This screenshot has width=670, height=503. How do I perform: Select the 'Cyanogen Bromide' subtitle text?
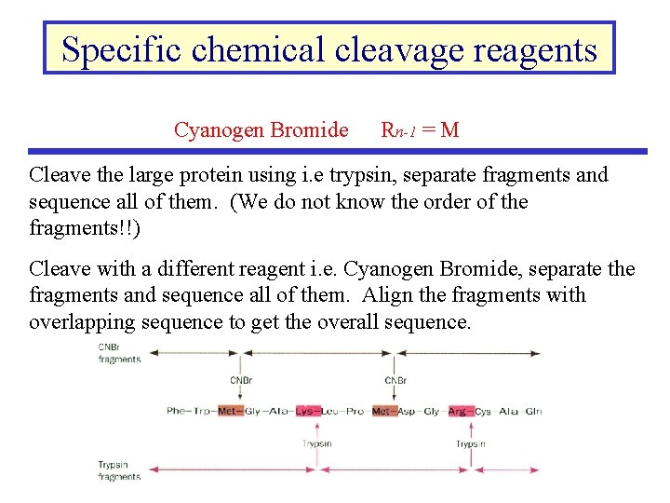(x=261, y=129)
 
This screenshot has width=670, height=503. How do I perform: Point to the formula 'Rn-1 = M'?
(x=420, y=129)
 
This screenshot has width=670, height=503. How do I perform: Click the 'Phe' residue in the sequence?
(x=177, y=411)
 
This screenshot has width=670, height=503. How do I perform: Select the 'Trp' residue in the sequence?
(x=203, y=411)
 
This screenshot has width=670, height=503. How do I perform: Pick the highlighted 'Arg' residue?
(x=458, y=411)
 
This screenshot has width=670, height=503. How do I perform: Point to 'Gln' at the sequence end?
(x=533, y=411)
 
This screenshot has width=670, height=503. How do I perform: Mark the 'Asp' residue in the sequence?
(x=407, y=411)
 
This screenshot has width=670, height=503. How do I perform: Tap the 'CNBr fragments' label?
(x=119, y=354)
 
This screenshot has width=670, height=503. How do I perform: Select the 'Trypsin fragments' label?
(x=119, y=470)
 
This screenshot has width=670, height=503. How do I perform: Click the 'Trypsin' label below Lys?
(x=317, y=444)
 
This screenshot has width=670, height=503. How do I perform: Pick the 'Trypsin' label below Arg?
(x=471, y=444)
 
